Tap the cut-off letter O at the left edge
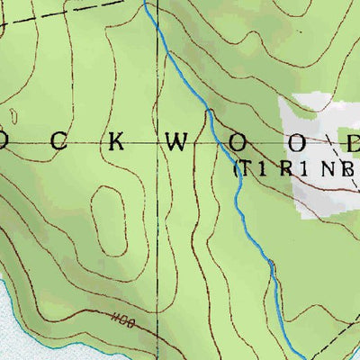(x=4, y=143)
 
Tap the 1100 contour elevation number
(x=121, y=319)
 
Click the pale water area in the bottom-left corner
(x=13, y=333)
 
